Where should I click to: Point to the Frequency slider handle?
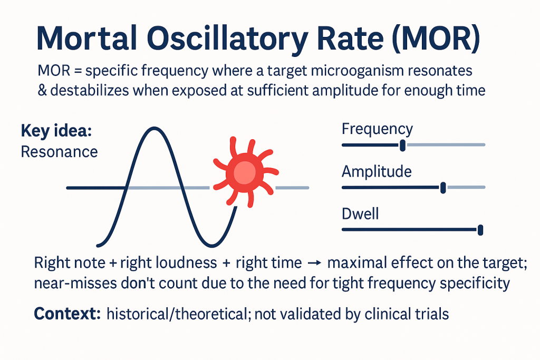(x=402, y=145)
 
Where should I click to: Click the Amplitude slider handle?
(x=443, y=187)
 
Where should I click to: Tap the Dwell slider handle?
(x=480, y=229)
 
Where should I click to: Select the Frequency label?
(x=377, y=129)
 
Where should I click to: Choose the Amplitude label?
(x=377, y=172)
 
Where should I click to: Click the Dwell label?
(x=360, y=214)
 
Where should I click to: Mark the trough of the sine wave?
(x=211, y=246)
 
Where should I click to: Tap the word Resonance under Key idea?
(x=59, y=152)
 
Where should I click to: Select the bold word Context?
(x=67, y=314)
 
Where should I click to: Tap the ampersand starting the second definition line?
(x=43, y=90)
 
